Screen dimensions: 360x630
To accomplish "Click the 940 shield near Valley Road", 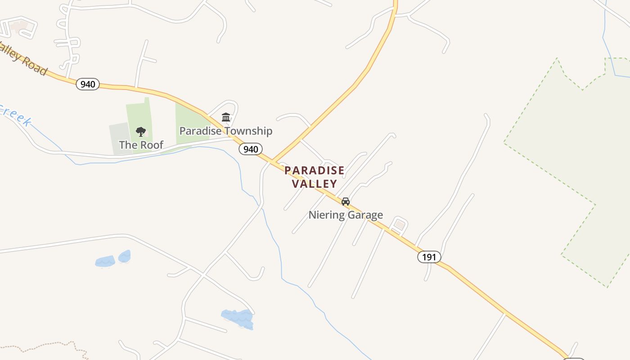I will [87, 84].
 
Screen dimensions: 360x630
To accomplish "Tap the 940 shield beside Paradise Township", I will [250, 149].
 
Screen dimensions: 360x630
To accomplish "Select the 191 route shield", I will [429, 257].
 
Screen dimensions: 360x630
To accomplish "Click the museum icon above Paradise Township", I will [226, 117].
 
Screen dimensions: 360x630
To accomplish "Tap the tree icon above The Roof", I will [141, 132].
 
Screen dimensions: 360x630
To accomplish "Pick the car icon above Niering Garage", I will [345, 202].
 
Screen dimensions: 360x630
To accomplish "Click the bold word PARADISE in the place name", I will [314, 171].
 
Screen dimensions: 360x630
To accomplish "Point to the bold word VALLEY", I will [314, 184].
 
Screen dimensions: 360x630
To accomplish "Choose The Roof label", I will [141, 145].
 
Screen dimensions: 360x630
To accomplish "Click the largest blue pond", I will [238, 318].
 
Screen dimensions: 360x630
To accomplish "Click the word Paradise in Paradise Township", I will [200, 131].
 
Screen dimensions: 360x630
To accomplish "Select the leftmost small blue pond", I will [105, 261].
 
